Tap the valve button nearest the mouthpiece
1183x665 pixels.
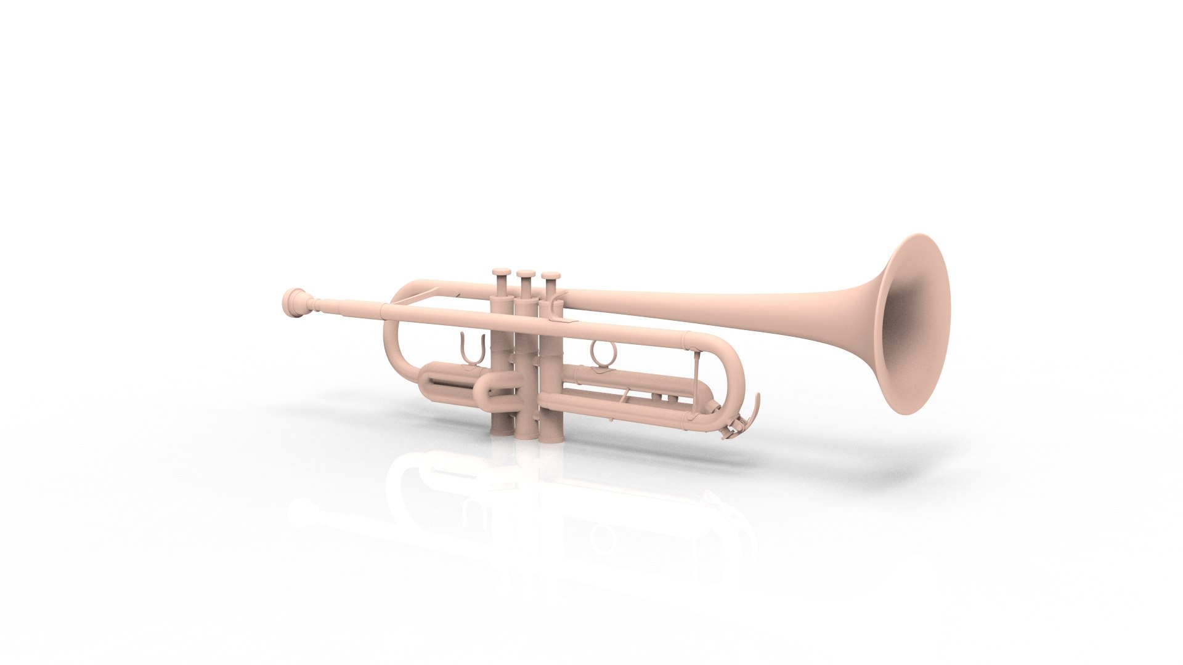[502, 272]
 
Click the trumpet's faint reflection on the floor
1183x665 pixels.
[524, 517]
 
